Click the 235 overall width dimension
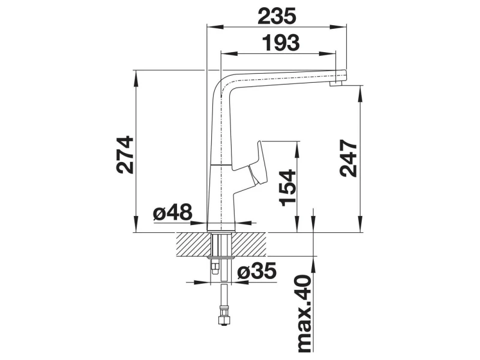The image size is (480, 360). (x=277, y=16)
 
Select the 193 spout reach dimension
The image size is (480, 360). (x=281, y=43)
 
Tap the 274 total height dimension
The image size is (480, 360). (x=125, y=155)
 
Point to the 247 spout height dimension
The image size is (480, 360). (x=349, y=158)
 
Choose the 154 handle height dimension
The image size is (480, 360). (x=288, y=188)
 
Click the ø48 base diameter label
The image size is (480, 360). (x=172, y=212)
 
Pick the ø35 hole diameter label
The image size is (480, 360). (x=257, y=271)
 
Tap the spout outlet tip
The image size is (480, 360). (x=336, y=84)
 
